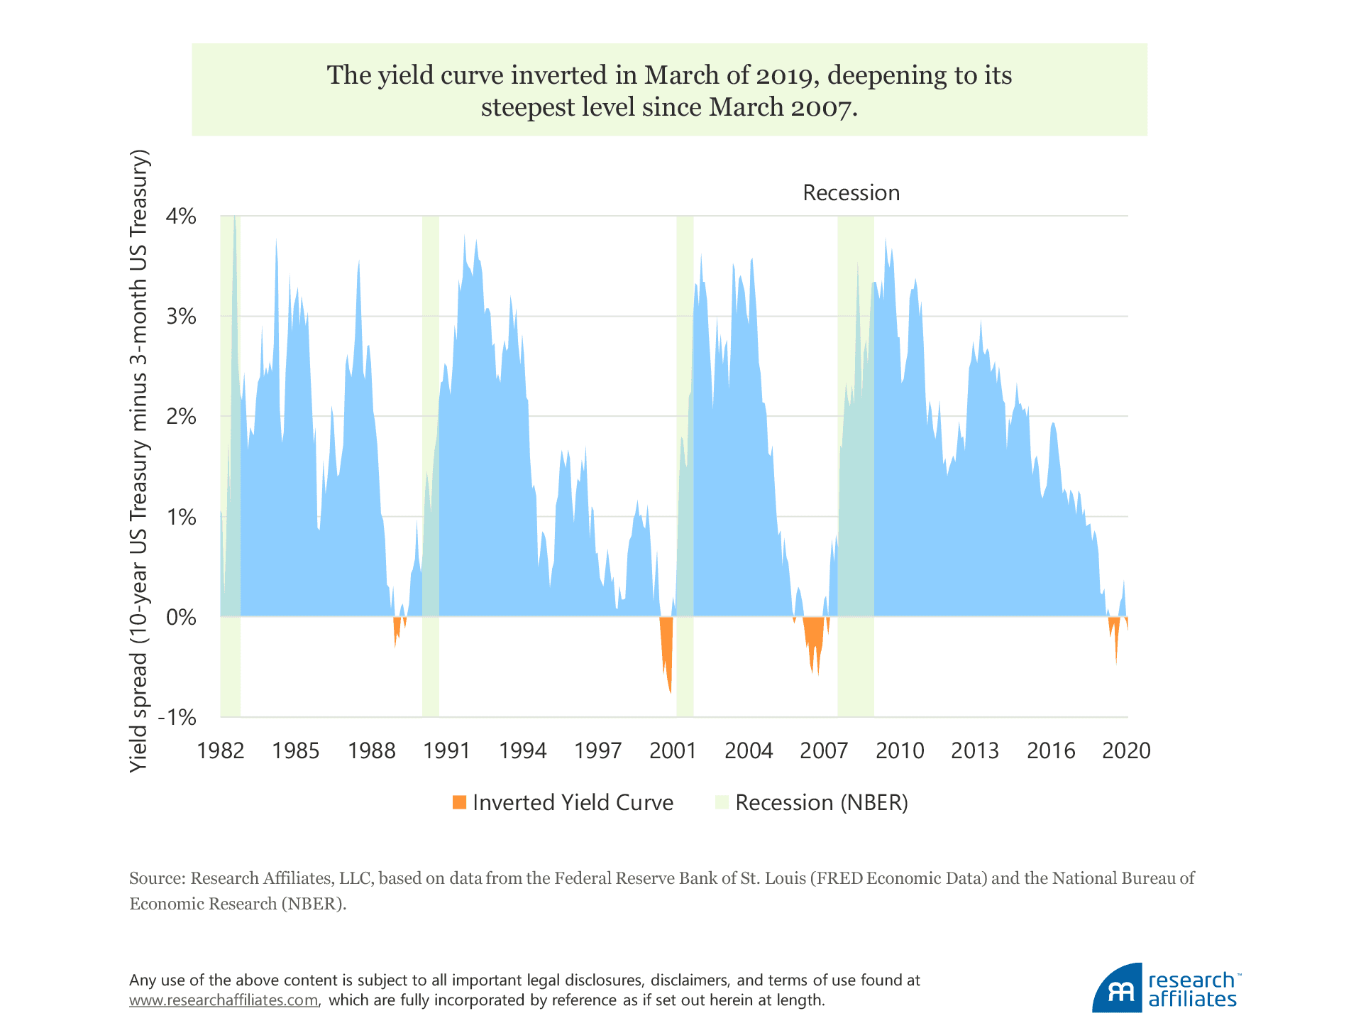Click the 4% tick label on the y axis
pos(181,216)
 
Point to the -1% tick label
pos(177,717)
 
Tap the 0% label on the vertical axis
pos(181,617)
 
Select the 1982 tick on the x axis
pos(221,750)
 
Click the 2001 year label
pos(673,750)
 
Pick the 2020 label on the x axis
pos(1126,750)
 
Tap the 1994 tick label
pos(522,750)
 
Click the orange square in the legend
pos(459,802)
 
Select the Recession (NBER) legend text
pos(822,802)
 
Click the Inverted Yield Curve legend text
pos(573,802)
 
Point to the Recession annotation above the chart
pos(851,193)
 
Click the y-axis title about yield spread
pos(139,461)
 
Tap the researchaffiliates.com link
pos(224,1000)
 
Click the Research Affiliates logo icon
pos(1118,988)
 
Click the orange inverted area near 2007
pos(814,639)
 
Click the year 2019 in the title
pos(783,75)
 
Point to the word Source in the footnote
pos(156,878)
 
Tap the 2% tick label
pos(181,417)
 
